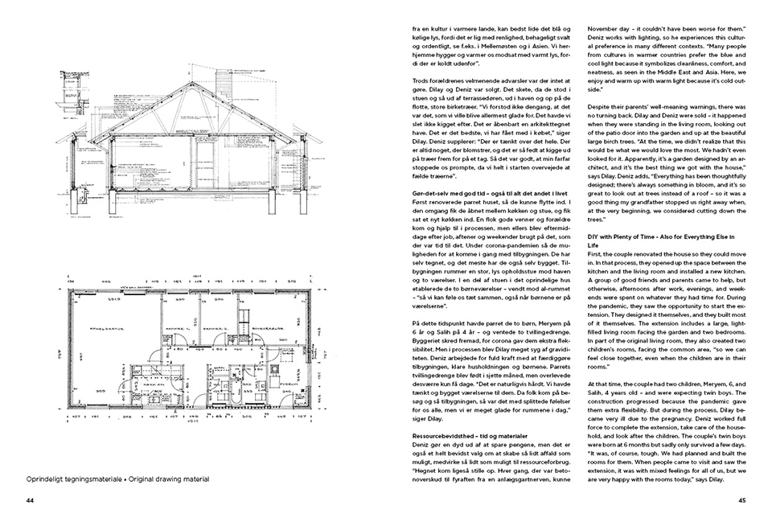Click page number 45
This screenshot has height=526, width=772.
742,499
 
